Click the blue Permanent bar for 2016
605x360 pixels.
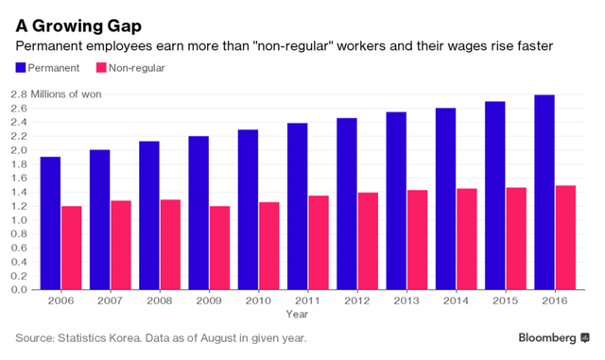click(544, 192)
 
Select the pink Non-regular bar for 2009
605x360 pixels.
click(220, 248)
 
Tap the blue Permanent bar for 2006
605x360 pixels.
click(50, 223)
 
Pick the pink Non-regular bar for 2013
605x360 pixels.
click(418, 240)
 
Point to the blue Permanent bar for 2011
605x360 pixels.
click(298, 206)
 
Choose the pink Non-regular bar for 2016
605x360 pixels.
click(565, 238)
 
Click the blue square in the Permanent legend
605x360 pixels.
click(21, 68)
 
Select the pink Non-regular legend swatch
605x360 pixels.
click(101, 68)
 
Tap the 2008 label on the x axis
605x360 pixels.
click(160, 300)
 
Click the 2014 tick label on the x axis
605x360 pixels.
click(456, 300)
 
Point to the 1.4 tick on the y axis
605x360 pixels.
click(19, 192)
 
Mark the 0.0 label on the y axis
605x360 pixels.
click(19, 290)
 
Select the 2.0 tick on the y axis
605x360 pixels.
click(19, 150)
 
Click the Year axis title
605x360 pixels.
click(297, 314)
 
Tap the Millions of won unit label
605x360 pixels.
click(66, 94)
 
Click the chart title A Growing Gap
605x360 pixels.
click(78, 26)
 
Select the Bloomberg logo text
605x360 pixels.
click(547, 338)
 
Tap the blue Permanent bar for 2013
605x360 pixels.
click(396, 200)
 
